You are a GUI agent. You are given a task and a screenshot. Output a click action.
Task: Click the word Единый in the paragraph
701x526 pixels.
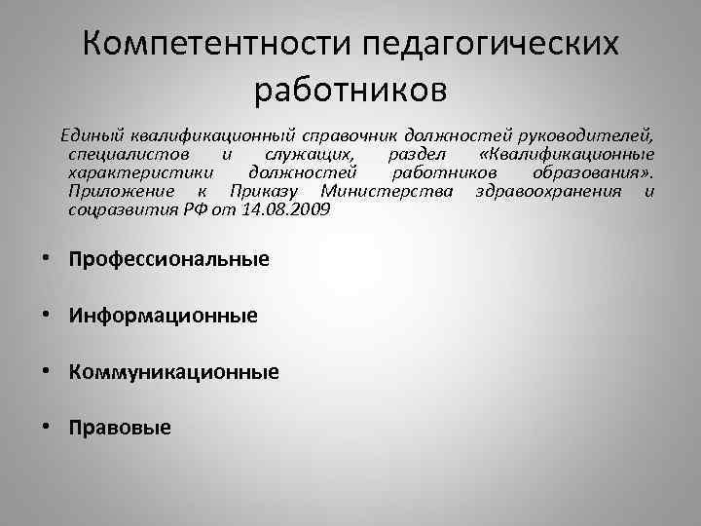click(x=90, y=137)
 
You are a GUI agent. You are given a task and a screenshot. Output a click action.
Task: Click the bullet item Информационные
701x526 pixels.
click(x=164, y=316)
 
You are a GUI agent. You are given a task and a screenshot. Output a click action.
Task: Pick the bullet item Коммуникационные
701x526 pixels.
click(x=174, y=371)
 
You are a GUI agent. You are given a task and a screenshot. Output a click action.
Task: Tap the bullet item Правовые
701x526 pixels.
click(x=121, y=427)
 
